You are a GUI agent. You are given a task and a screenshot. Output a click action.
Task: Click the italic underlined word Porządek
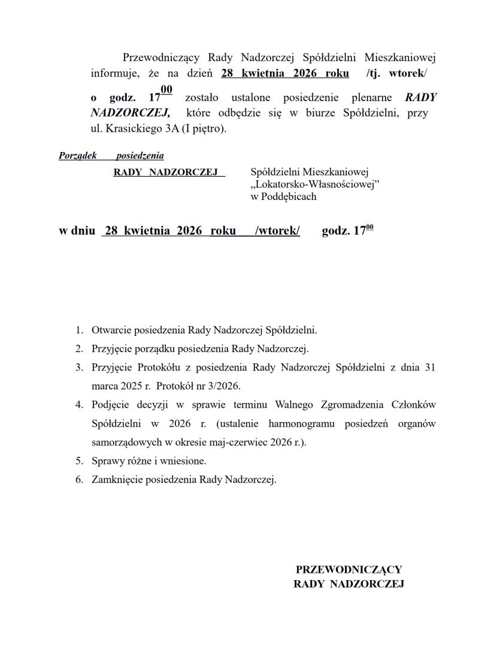click(x=78, y=156)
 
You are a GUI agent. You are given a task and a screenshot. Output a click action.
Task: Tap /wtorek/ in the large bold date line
click(x=277, y=231)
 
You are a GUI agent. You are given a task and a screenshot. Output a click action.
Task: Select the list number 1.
click(x=79, y=330)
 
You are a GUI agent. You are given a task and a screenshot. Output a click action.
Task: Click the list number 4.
click(x=79, y=405)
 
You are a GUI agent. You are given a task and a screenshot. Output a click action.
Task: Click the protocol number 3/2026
click(x=219, y=386)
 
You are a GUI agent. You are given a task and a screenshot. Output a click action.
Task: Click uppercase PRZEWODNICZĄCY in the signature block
click(x=348, y=570)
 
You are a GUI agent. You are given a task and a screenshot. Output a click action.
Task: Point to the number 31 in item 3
click(x=429, y=368)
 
